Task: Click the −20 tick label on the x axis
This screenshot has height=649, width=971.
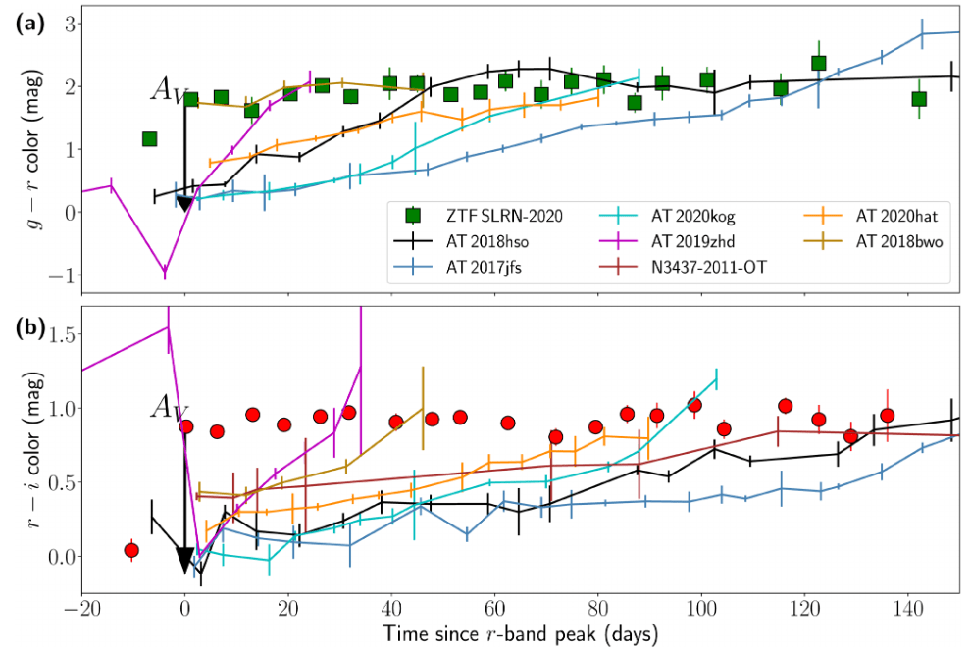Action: (81, 609)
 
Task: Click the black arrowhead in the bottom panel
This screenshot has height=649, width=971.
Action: (184, 560)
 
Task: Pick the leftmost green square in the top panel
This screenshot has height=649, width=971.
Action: (149, 138)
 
